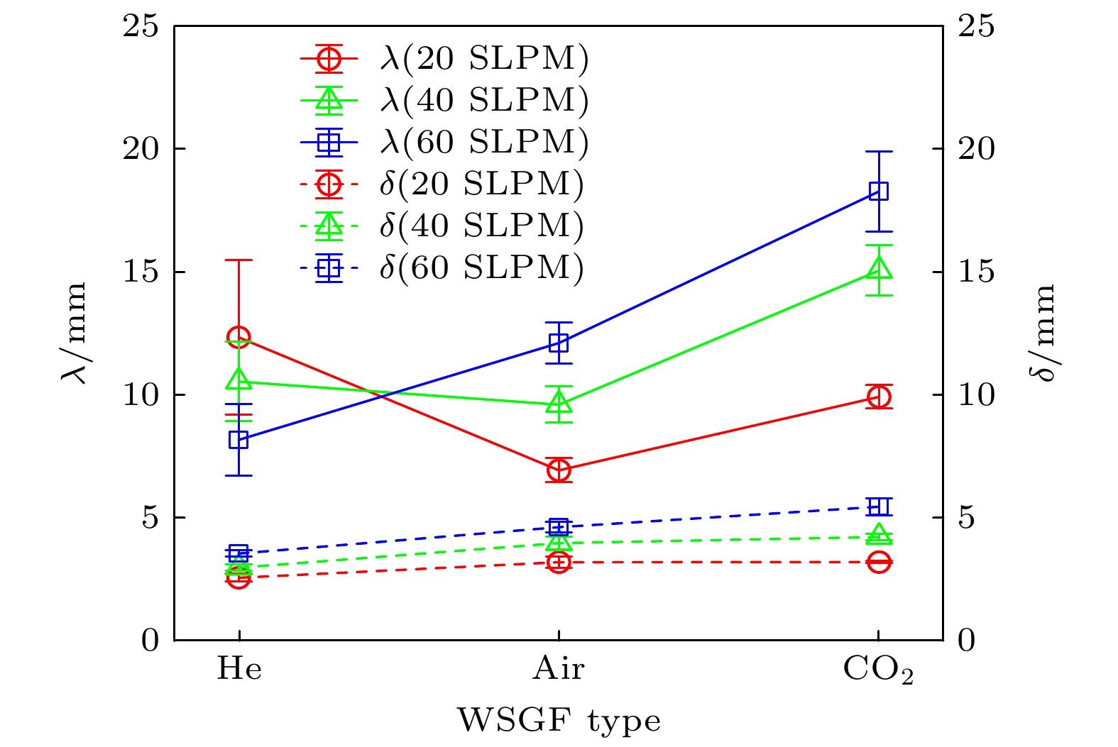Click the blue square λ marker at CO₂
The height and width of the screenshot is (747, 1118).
point(879,192)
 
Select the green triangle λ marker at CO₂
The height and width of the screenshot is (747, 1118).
point(879,269)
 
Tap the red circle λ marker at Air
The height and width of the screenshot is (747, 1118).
point(559,470)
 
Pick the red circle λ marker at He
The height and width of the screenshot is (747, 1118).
point(239,337)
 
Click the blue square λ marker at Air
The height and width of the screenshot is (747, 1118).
point(559,343)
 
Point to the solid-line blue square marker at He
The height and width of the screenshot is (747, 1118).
point(239,440)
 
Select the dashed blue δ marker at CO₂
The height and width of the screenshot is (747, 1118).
point(879,507)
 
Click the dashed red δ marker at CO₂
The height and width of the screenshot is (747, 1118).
point(879,563)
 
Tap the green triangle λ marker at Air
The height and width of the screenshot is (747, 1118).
point(559,404)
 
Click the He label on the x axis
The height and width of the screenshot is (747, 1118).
point(239,668)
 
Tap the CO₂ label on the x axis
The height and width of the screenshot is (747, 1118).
point(877,670)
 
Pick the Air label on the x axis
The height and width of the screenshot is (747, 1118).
point(559,668)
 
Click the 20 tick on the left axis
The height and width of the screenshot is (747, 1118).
point(141,149)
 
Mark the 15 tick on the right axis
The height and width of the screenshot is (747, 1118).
point(976,272)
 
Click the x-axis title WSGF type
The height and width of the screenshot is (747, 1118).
point(559,721)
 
